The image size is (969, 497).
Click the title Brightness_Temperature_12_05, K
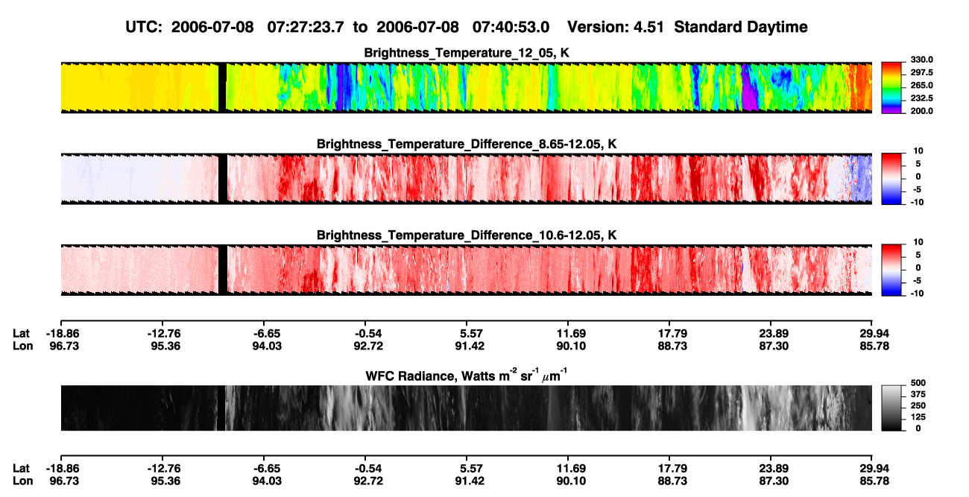tap(467, 53)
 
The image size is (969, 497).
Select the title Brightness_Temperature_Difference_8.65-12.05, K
tap(467, 144)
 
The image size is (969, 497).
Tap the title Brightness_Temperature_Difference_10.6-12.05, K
tap(467, 235)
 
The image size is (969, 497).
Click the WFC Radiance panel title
tap(467, 376)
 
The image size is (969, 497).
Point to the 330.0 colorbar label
tap(921, 60)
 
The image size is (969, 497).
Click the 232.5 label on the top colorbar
tap(921, 98)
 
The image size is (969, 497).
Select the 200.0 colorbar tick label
tap(921, 111)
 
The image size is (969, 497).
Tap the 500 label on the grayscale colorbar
tap(918, 383)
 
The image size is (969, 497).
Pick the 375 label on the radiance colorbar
tap(918, 394)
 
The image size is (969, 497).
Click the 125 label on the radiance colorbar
tap(918, 417)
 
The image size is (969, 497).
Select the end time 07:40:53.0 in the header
tap(511, 27)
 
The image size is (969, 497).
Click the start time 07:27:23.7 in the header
tap(306, 27)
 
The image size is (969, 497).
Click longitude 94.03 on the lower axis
tap(267, 481)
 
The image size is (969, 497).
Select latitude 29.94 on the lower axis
tap(874, 469)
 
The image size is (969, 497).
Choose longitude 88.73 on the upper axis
tap(672, 346)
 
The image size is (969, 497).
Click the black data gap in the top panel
tap(222, 88)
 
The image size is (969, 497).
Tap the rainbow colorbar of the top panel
tap(892, 88)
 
